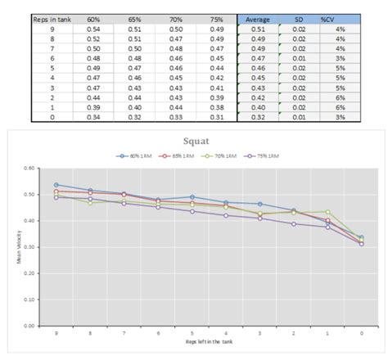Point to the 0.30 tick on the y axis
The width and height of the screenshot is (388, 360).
point(30,247)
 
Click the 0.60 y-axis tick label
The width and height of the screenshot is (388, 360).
point(30,169)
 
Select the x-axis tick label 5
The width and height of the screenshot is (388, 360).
point(192,333)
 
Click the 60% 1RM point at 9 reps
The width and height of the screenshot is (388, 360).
point(56,185)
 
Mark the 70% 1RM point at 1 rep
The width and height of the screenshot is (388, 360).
point(327,212)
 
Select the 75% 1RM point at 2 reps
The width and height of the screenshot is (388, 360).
point(294,223)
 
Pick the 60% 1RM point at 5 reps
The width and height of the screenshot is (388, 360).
point(192,197)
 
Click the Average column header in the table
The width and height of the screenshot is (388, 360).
point(258,17)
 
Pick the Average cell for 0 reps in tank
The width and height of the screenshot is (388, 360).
point(258,116)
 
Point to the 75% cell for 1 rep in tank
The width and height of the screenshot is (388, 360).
point(216,106)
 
